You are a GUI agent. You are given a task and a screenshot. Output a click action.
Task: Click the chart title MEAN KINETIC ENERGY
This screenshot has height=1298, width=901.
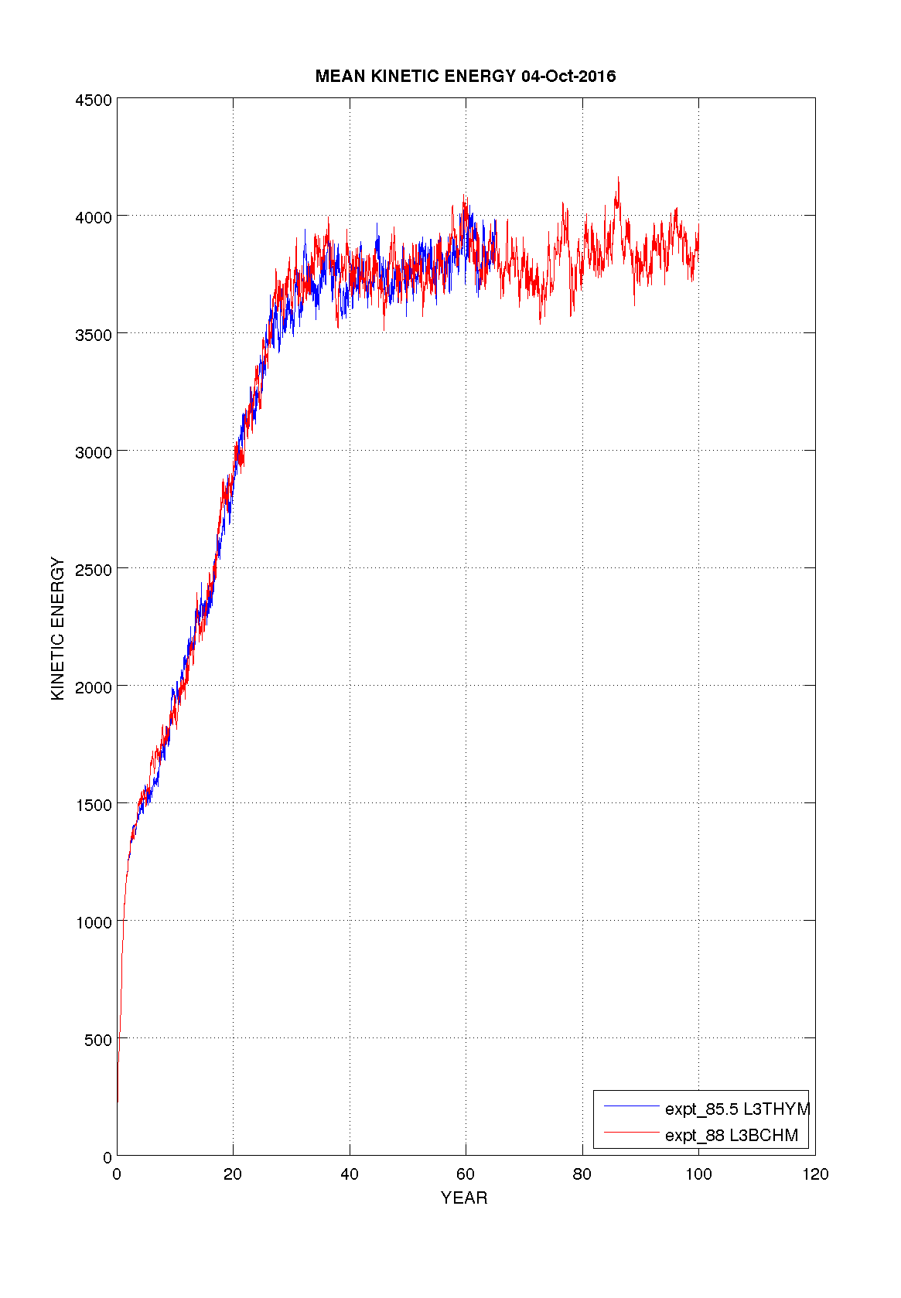coord(415,76)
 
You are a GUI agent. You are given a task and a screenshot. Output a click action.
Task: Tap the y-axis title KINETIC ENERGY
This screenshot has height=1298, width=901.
coord(57,629)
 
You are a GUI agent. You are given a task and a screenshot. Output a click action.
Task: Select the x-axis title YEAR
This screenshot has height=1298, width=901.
coord(464,1197)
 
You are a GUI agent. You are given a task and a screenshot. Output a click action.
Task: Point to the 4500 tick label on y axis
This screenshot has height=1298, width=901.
coord(93,101)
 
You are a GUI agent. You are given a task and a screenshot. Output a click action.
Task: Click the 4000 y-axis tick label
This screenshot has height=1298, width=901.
coord(93,218)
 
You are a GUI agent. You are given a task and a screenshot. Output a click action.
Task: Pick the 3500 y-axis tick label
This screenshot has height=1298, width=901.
coord(93,336)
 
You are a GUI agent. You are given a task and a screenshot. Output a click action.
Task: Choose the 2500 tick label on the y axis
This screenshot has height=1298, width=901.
coord(93,570)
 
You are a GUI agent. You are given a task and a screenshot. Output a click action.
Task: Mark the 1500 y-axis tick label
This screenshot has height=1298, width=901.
coord(93,805)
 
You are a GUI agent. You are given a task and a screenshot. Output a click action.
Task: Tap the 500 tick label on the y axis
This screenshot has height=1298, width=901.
coord(97,1040)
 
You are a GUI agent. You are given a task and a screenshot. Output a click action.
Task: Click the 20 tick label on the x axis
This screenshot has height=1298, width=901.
coord(233,1174)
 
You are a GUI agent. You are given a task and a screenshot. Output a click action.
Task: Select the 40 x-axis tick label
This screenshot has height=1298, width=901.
coord(350,1174)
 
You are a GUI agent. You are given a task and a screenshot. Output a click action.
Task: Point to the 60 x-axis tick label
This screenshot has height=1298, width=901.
coord(466,1174)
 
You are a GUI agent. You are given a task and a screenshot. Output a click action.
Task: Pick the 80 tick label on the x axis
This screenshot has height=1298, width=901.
coord(582,1174)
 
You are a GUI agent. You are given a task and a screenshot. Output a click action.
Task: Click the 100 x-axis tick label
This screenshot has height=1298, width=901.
coord(698,1174)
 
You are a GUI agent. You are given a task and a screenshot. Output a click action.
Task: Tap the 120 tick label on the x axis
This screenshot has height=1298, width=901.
coord(815,1174)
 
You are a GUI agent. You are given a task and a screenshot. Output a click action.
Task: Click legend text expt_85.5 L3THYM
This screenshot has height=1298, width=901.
coord(737,1109)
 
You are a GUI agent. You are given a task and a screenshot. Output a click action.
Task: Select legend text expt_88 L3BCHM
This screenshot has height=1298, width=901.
coord(731,1136)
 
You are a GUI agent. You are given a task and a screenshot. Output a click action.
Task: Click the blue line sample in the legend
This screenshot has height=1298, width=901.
coord(630,1107)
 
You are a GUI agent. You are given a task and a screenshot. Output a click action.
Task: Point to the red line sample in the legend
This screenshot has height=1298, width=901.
coord(630,1133)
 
